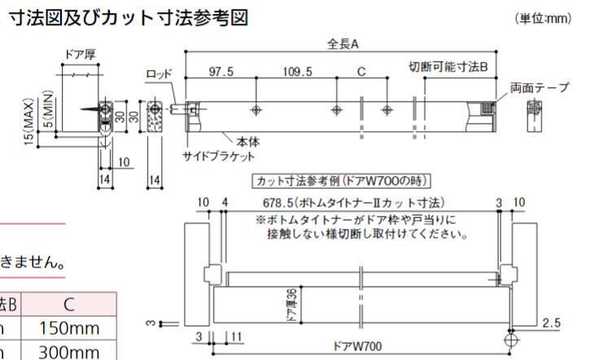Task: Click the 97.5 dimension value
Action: (221, 72)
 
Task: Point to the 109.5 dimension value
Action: (297, 72)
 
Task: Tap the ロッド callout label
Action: (159, 74)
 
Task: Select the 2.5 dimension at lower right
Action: (550, 323)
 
